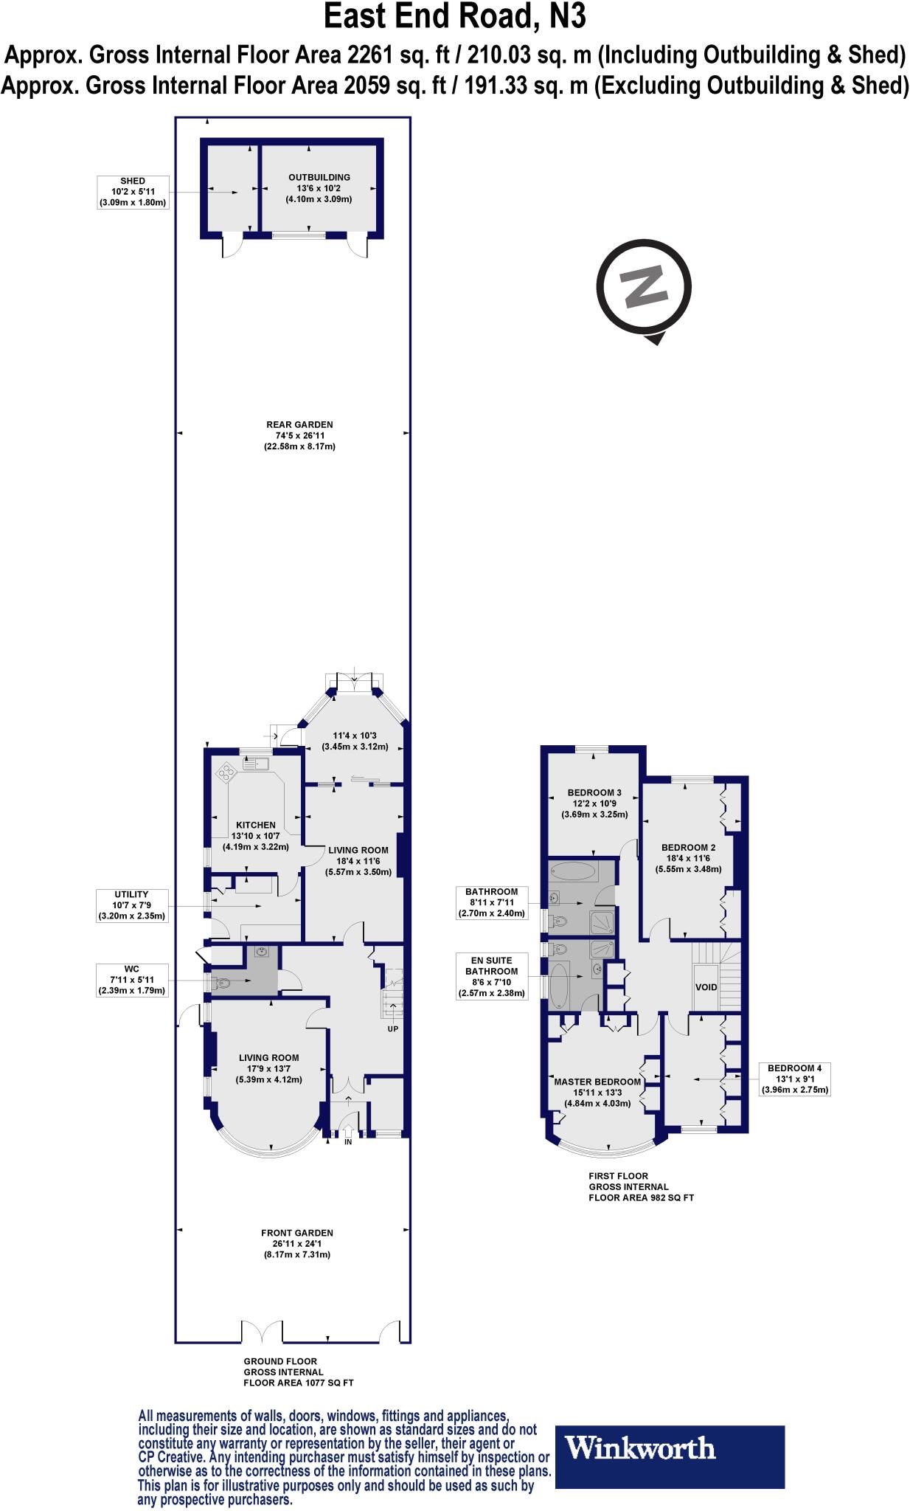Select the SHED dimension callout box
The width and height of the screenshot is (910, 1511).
[133, 192]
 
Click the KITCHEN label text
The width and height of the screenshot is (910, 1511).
[256, 825]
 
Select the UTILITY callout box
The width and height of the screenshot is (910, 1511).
[133, 905]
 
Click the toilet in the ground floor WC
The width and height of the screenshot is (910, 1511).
[221, 982]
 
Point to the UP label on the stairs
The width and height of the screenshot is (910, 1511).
[392, 1028]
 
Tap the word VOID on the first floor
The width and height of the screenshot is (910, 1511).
[706, 986]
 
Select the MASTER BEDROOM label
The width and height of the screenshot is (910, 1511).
[597, 1082]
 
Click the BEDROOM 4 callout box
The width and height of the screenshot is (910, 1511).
[794, 1079]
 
